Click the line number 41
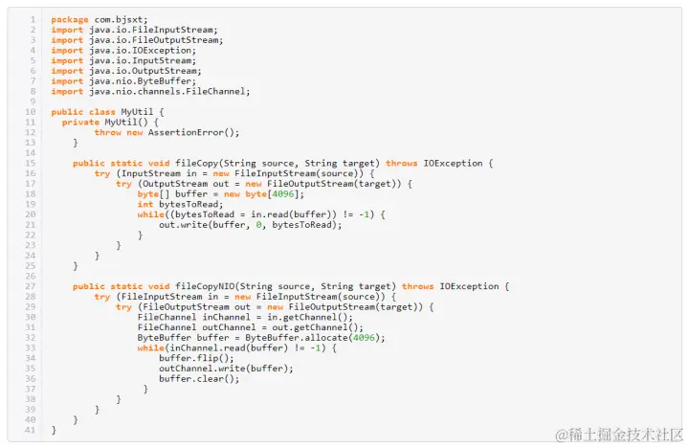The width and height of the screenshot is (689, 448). pyautogui.click(x=30, y=430)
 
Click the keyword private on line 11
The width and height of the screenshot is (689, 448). pyautogui.click(x=80, y=123)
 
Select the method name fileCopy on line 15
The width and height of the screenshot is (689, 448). pyautogui.click(x=196, y=163)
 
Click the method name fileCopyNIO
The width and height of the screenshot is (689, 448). pyautogui.click(x=204, y=286)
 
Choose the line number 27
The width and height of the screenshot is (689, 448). pyautogui.click(x=30, y=286)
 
